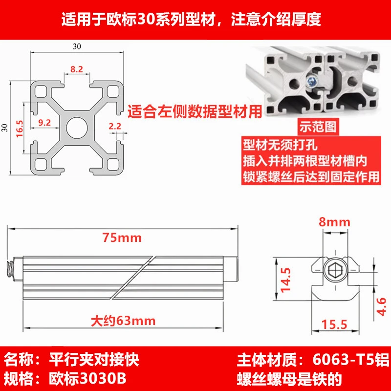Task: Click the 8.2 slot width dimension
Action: (x=77, y=69)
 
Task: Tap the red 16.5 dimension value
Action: (x=20, y=129)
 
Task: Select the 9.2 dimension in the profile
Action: (x=44, y=123)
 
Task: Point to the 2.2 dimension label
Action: (x=115, y=126)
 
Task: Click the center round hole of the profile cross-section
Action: (x=77, y=128)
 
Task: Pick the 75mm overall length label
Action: (x=122, y=238)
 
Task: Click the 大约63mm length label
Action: (x=123, y=321)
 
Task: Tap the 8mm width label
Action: (x=334, y=222)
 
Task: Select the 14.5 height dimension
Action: (x=286, y=280)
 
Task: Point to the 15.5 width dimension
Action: (x=334, y=325)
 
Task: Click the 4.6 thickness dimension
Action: (x=381, y=306)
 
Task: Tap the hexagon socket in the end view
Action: (x=335, y=271)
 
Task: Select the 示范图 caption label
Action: (x=318, y=127)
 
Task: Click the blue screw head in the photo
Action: (x=312, y=81)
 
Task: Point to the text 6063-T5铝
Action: (x=350, y=360)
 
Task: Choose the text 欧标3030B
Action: (x=87, y=379)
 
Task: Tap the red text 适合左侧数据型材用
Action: (x=195, y=111)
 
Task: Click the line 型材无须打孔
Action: (x=280, y=145)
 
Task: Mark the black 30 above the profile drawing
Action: (x=77, y=46)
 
